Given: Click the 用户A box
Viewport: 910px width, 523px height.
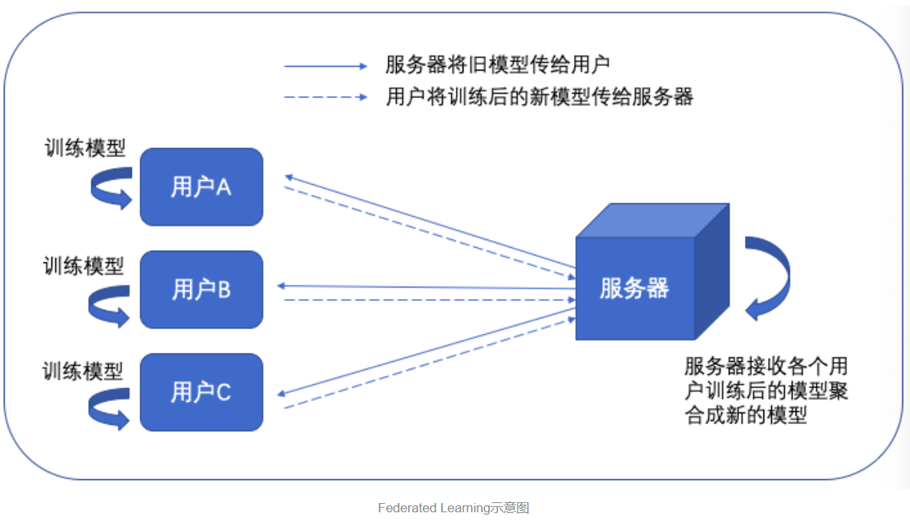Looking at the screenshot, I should tap(201, 187).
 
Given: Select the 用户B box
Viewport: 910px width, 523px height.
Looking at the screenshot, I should tap(201, 289).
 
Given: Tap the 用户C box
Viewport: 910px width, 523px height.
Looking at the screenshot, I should tap(201, 392).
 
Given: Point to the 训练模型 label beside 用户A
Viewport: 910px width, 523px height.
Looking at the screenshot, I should tap(84, 147).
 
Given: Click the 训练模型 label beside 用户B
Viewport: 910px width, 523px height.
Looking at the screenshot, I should tap(84, 266).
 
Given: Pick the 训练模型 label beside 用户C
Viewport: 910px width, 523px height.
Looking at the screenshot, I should tap(83, 371).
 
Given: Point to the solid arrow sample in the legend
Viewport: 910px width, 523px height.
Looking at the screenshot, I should tap(326, 67).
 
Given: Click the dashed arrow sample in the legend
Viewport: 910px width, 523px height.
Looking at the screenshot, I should tap(326, 97).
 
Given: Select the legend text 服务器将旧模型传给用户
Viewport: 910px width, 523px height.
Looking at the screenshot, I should tap(498, 65).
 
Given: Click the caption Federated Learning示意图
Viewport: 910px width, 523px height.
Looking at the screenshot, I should tap(453, 508).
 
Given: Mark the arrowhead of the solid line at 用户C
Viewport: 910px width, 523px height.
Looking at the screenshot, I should tap(282, 393).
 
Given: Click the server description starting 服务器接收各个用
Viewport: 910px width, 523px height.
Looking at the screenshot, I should tap(766, 390).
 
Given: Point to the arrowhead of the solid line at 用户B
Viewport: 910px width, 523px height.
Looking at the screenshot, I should tap(282, 285).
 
